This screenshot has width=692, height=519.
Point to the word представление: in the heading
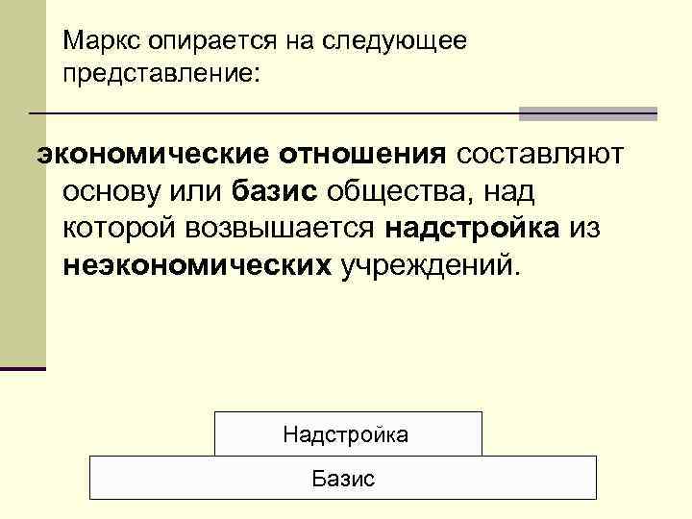point(161,73)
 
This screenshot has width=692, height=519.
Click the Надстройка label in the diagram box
point(346,434)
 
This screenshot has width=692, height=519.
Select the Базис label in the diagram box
point(343,478)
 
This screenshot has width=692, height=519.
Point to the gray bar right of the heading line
point(587,113)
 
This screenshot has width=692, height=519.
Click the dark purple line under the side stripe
point(22,368)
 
